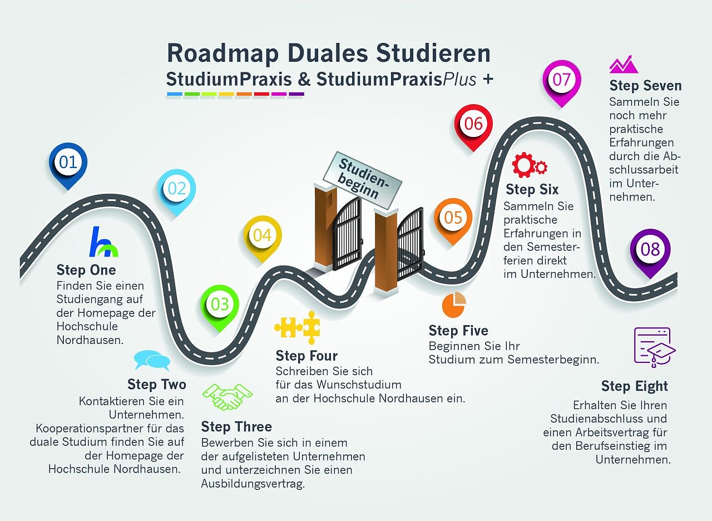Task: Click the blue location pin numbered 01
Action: (68, 163)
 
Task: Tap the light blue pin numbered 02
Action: (176, 189)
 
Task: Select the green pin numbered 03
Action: (220, 304)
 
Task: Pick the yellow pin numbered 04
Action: (262, 235)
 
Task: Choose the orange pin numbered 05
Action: (453, 218)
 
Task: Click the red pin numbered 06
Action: (473, 124)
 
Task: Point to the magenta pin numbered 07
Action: (561, 80)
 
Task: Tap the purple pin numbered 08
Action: (650, 249)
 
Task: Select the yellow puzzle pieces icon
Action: (297, 327)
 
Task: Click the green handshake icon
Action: (227, 397)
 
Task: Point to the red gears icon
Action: (529, 165)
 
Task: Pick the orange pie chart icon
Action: (454, 304)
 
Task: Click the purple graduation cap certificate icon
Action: (654, 347)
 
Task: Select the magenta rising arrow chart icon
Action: (623, 65)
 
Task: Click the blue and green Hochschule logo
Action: (103, 243)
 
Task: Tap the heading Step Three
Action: (236, 427)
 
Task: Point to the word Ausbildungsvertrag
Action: (253, 484)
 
